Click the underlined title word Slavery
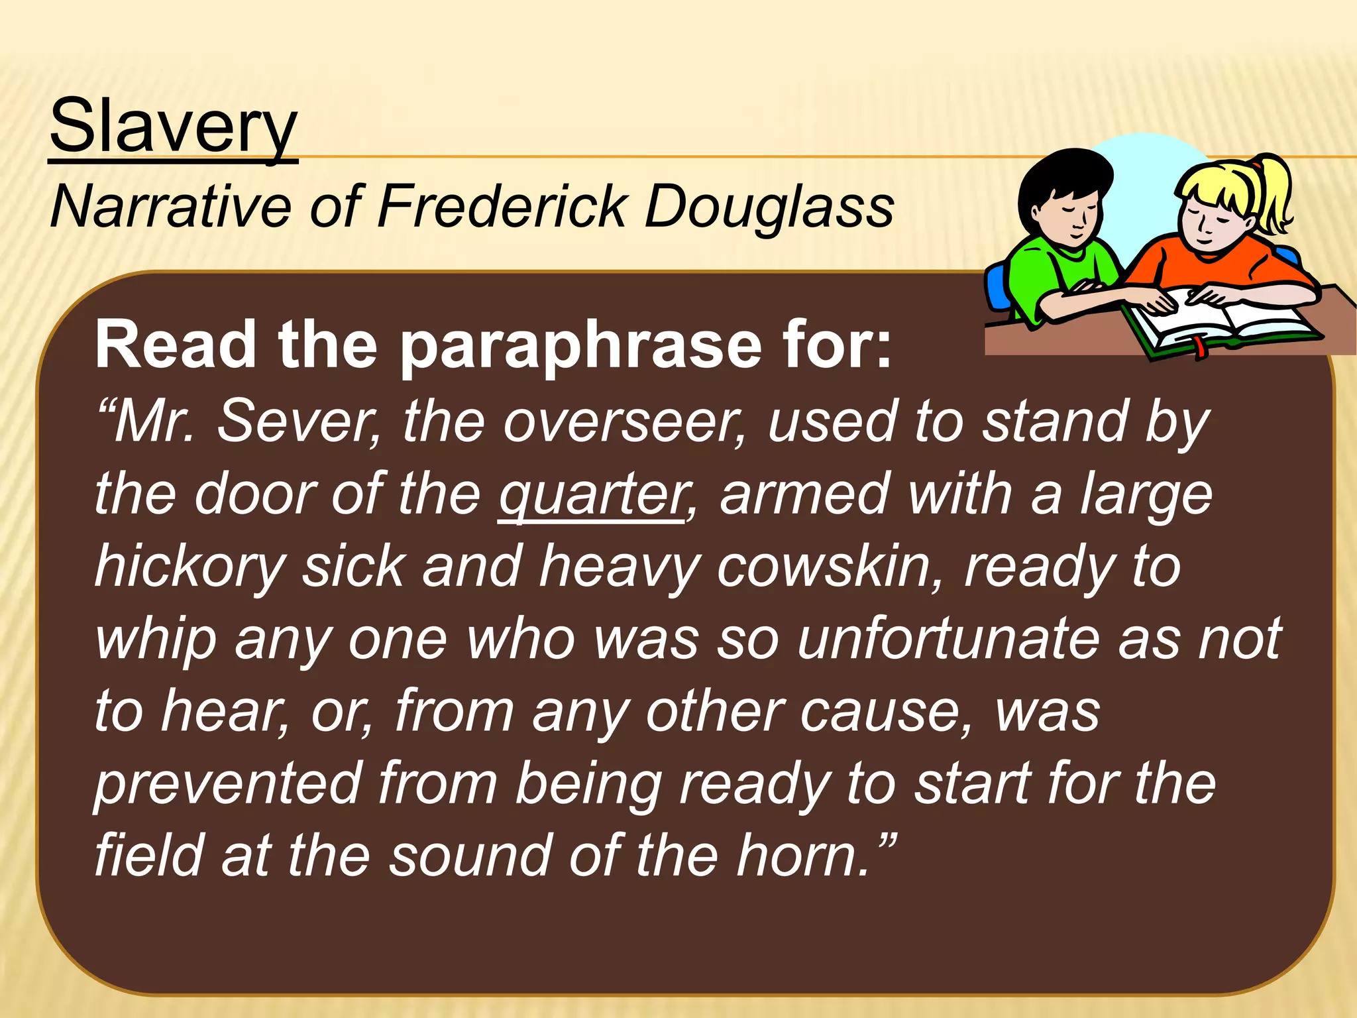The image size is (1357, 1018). click(174, 126)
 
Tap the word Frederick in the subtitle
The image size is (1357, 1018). click(502, 207)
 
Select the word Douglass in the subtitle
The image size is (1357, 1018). click(769, 207)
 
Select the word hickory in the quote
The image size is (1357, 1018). click(190, 568)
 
